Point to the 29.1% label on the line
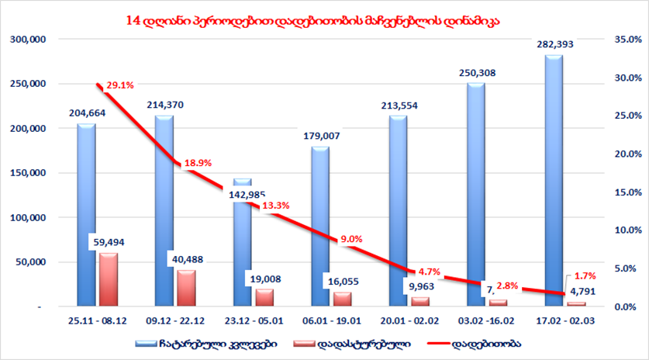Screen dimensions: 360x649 [120, 85]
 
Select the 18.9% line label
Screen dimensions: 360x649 [198, 164]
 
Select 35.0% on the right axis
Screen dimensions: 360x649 [625, 39]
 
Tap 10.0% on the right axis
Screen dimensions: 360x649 [625, 230]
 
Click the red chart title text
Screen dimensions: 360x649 [312, 19]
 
